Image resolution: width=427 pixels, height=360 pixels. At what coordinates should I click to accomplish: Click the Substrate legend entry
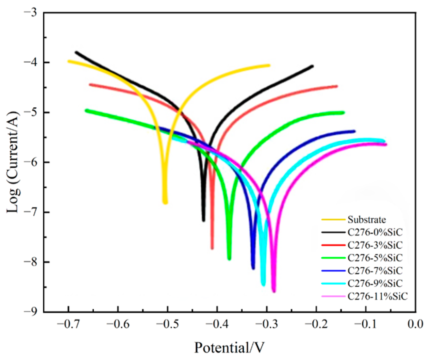click(366, 220)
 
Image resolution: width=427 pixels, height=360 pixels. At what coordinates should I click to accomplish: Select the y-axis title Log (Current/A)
click(13, 162)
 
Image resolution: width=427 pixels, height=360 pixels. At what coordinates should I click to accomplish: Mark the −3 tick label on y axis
click(32, 13)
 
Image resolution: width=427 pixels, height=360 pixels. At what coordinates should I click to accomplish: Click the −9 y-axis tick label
click(32, 312)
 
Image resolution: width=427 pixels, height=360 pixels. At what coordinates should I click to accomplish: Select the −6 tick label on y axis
click(32, 162)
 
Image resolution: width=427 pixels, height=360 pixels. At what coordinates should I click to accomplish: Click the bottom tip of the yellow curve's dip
click(165, 203)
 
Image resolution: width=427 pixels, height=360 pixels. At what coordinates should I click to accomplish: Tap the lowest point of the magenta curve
click(274, 291)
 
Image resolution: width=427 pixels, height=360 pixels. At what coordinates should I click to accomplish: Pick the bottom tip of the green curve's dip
click(229, 259)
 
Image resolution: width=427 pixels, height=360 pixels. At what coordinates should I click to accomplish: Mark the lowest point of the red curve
click(212, 248)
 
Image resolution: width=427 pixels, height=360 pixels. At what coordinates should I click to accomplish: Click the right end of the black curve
click(312, 66)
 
